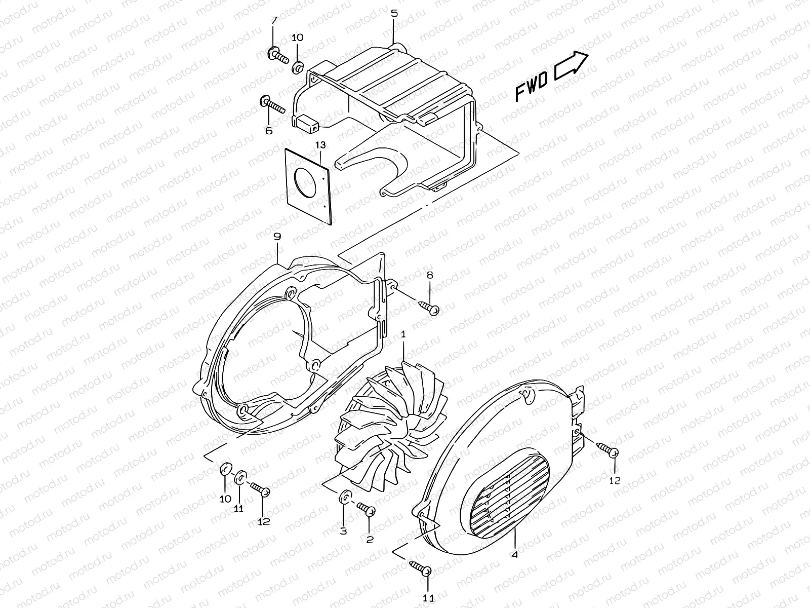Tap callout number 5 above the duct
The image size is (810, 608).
click(394, 14)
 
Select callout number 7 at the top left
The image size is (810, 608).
click(273, 21)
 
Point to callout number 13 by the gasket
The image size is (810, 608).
click(320, 145)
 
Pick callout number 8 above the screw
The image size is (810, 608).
click(430, 276)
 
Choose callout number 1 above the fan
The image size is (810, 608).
click(403, 335)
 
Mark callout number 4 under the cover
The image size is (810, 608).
click(514, 555)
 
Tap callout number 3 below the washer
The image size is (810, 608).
click(343, 531)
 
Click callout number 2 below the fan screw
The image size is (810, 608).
click(370, 540)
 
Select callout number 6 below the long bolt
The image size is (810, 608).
click(268, 130)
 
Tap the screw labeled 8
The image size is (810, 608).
click(429, 307)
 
